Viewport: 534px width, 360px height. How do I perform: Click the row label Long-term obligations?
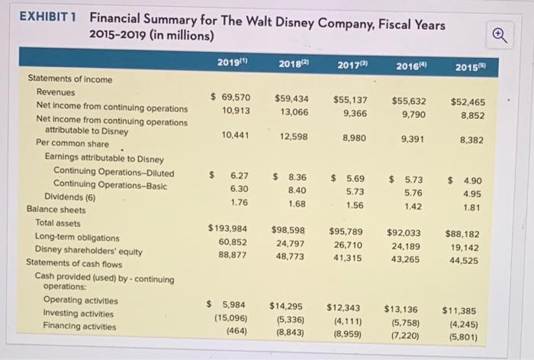point(77,237)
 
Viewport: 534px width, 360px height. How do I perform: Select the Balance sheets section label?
point(56,208)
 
